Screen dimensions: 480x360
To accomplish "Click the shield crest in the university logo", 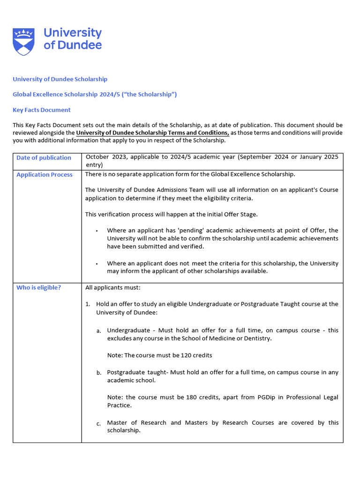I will (23, 42).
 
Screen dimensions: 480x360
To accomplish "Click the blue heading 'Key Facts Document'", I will (41, 110).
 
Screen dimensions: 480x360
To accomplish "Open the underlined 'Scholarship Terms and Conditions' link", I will (152, 133).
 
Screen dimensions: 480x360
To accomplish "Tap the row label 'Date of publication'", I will (44, 157).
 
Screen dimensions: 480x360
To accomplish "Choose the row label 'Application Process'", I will (45, 174).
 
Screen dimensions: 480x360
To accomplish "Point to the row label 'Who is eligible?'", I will (38, 287).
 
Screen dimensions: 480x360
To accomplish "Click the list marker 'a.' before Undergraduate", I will (99, 331).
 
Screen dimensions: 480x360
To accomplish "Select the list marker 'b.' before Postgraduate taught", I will (99, 373).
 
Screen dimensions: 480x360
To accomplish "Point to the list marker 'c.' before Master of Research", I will (99, 424).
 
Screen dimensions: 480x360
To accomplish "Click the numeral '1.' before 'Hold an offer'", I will (88, 304).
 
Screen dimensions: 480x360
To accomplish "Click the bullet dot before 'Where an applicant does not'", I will (96, 264).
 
